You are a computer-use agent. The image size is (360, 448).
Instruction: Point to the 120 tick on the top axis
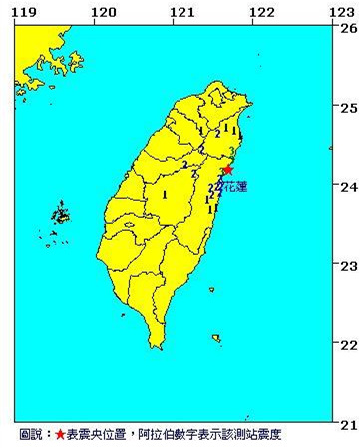101,11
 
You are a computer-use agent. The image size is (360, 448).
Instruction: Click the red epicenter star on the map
227,171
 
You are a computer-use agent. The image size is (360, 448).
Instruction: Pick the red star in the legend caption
60,436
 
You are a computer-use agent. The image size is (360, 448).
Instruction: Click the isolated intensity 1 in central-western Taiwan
164,195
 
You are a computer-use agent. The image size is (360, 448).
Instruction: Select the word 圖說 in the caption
31,436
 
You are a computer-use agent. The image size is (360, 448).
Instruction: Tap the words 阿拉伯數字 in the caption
162,436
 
